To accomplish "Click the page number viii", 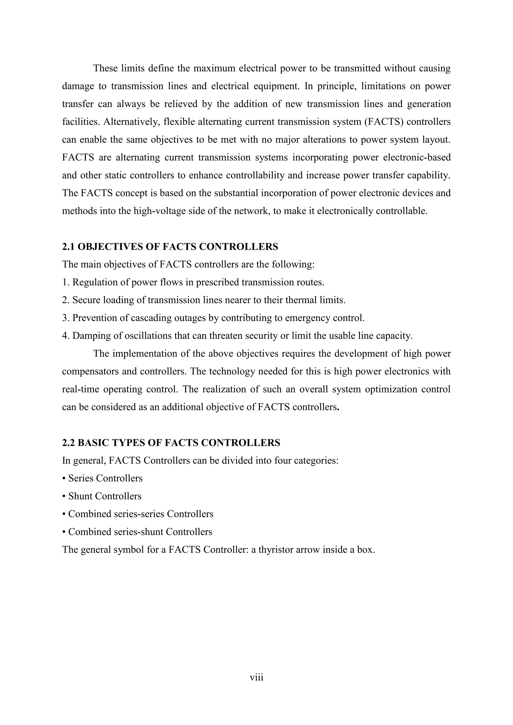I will (256, 677).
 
